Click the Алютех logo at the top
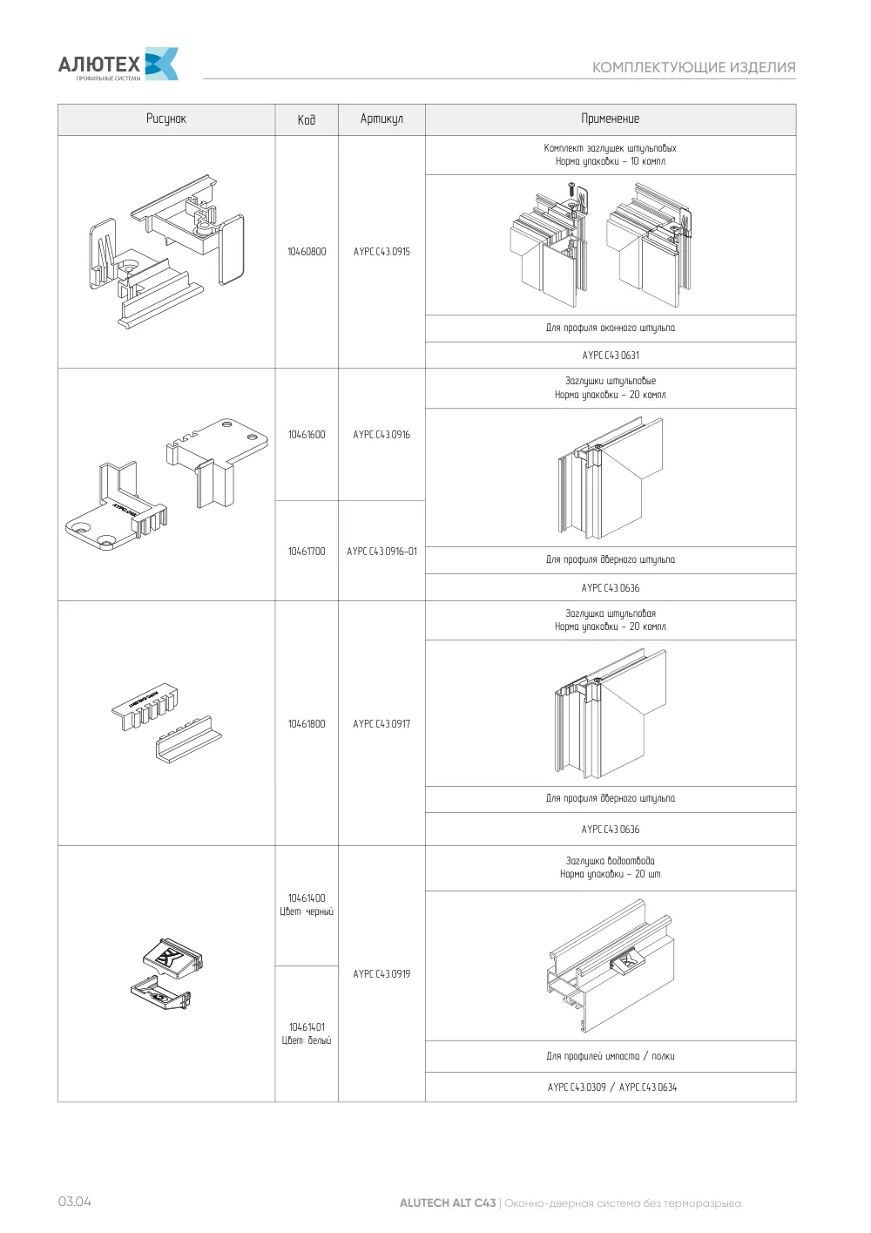(x=118, y=64)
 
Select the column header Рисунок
(x=166, y=119)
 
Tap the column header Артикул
(x=381, y=119)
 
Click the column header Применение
(x=611, y=119)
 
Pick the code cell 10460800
(x=307, y=252)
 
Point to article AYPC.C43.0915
(x=381, y=252)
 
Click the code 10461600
(x=307, y=435)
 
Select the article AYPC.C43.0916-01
(x=381, y=551)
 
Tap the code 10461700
(x=307, y=551)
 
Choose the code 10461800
(x=307, y=724)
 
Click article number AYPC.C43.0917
(x=381, y=724)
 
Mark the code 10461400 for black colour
(x=307, y=898)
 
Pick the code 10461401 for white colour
(x=307, y=1027)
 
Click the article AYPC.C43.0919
(x=381, y=973)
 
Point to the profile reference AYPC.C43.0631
(x=611, y=356)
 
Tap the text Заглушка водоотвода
(x=611, y=861)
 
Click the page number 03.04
(x=75, y=1202)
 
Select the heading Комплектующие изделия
(x=694, y=67)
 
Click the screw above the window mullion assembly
(x=571, y=189)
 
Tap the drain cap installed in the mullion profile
(x=627, y=963)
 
